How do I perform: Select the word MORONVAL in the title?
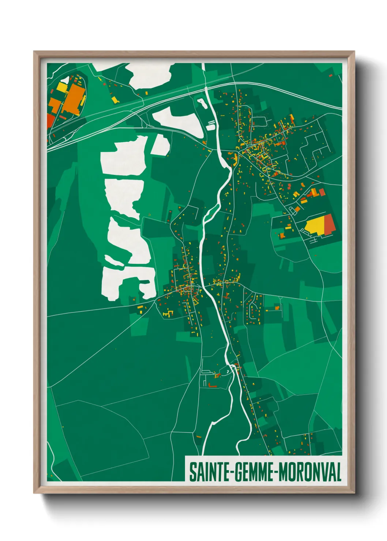(310, 472)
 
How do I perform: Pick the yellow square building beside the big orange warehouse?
(61, 88)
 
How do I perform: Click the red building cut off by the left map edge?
(50, 121)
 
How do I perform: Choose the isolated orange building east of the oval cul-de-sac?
(277, 308)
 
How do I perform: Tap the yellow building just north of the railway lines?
(114, 99)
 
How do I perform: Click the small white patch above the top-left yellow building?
(64, 80)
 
